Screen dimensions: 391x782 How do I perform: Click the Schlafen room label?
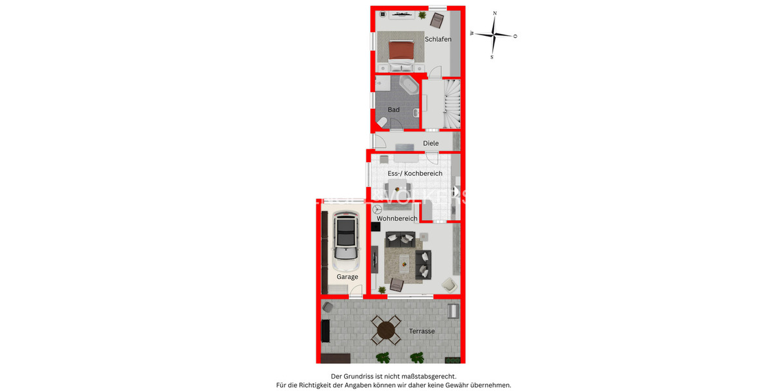pyautogui.click(x=438, y=39)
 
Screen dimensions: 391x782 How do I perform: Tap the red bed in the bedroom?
pyautogui.click(x=401, y=50)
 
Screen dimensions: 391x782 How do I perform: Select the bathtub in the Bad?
pyautogui.click(x=409, y=86)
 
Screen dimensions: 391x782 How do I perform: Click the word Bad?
pyautogui.click(x=394, y=109)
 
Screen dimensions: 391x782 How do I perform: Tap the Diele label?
pyautogui.click(x=431, y=143)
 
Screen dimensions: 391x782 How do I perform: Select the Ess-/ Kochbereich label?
pyautogui.click(x=415, y=173)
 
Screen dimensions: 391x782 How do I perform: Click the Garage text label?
pyautogui.click(x=347, y=277)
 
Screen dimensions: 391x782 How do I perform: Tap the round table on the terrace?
pyautogui.click(x=386, y=330)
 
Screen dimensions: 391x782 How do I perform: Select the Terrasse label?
pyautogui.click(x=422, y=331)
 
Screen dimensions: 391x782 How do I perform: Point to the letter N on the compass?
pyautogui.click(x=495, y=13)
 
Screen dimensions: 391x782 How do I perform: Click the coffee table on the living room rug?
pyautogui.click(x=406, y=262)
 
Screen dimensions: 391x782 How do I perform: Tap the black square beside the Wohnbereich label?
pyautogui.click(x=375, y=227)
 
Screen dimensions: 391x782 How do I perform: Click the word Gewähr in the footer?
pyautogui.click(x=454, y=385)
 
